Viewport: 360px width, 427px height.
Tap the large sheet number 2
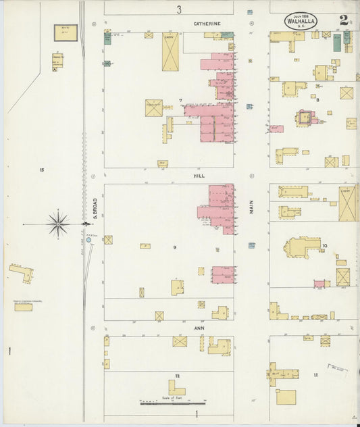point(344,20)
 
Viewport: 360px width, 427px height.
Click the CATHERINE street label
point(207,24)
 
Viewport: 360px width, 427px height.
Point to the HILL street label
point(199,175)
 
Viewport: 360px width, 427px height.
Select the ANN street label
point(199,328)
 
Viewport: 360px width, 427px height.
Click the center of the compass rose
point(58,224)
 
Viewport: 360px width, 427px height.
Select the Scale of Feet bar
point(173,403)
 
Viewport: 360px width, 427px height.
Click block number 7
point(180,101)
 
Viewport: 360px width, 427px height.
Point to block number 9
point(174,247)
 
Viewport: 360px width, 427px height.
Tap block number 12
point(177,375)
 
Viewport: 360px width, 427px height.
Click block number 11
point(315,374)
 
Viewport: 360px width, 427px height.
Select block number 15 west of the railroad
point(41,169)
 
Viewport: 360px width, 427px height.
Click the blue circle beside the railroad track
point(88,239)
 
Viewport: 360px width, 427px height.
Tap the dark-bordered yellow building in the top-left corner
point(66,32)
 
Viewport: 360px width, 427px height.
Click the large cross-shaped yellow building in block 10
point(302,247)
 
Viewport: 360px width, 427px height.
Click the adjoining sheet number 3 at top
point(179,9)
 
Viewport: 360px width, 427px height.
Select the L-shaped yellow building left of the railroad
point(21,272)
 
